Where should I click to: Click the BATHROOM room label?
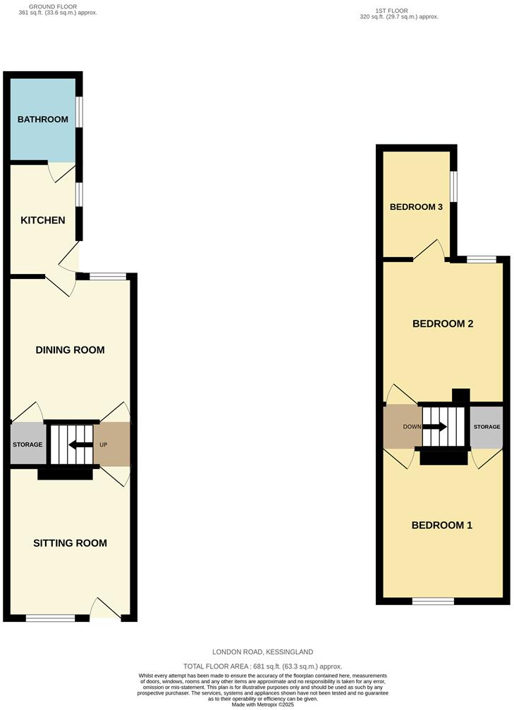click(x=43, y=120)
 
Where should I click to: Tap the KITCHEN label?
click(x=42, y=220)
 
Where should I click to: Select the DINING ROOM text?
click(x=70, y=350)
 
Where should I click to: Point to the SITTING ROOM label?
click(x=70, y=543)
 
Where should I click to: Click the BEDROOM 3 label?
click(x=416, y=207)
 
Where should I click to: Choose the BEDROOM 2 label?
click(x=442, y=324)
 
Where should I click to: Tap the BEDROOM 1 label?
click(x=442, y=525)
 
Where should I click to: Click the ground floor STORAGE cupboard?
click(x=27, y=444)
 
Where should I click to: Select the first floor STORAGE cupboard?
click(x=487, y=428)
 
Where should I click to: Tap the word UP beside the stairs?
click(x=104, y=444)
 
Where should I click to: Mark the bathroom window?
click(x=79, y=113)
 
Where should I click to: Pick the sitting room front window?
click(x=51, y=618)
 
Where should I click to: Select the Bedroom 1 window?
click(x=433, y=601)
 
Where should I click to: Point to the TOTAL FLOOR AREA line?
click(x=263, y=666)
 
